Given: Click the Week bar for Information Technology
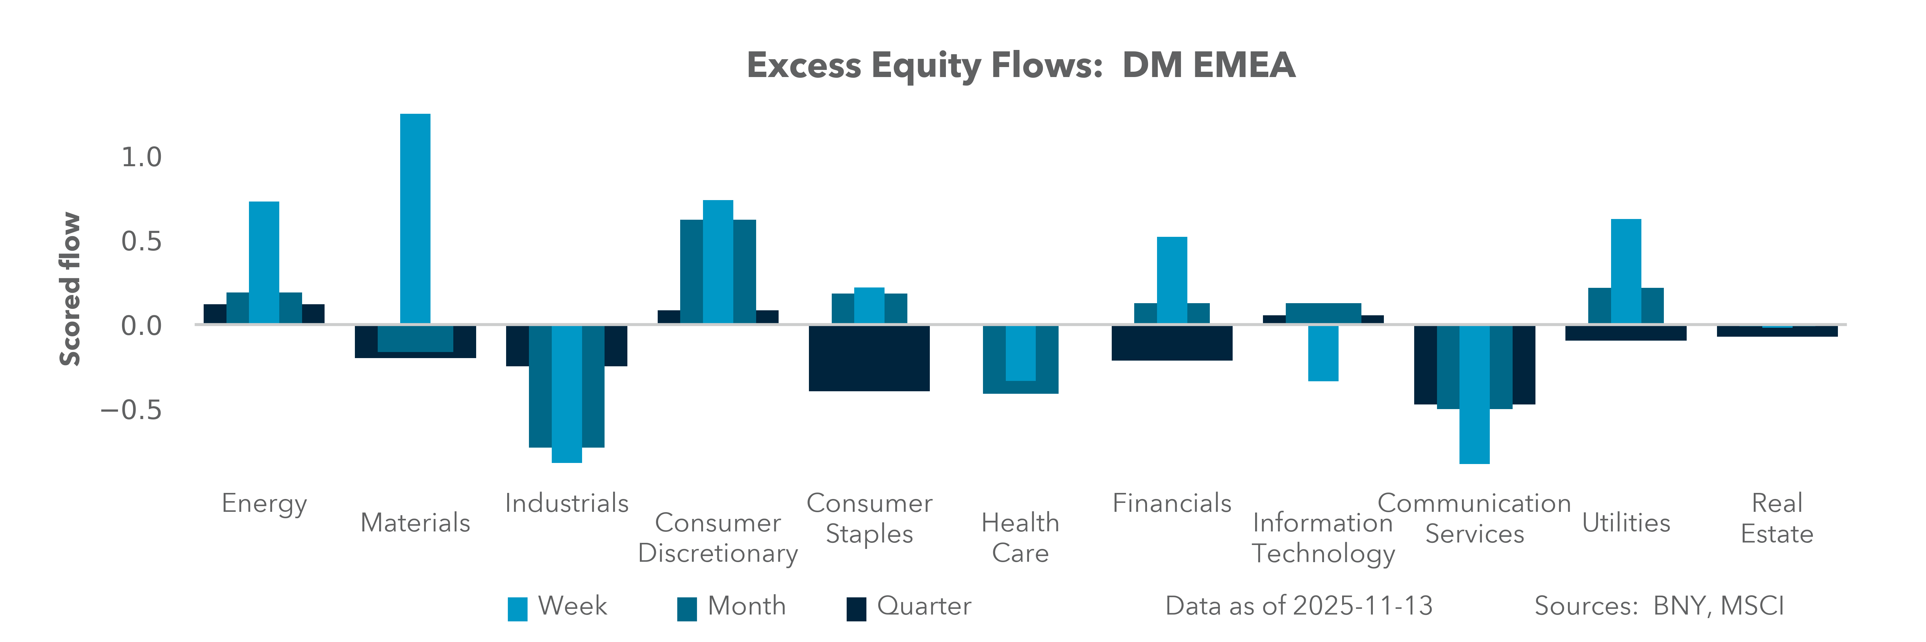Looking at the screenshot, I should (1323, 353).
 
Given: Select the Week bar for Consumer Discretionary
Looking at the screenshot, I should (718, 261).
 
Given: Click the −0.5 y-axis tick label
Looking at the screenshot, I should (131, 409).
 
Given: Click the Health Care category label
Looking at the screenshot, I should (1020, 537).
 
